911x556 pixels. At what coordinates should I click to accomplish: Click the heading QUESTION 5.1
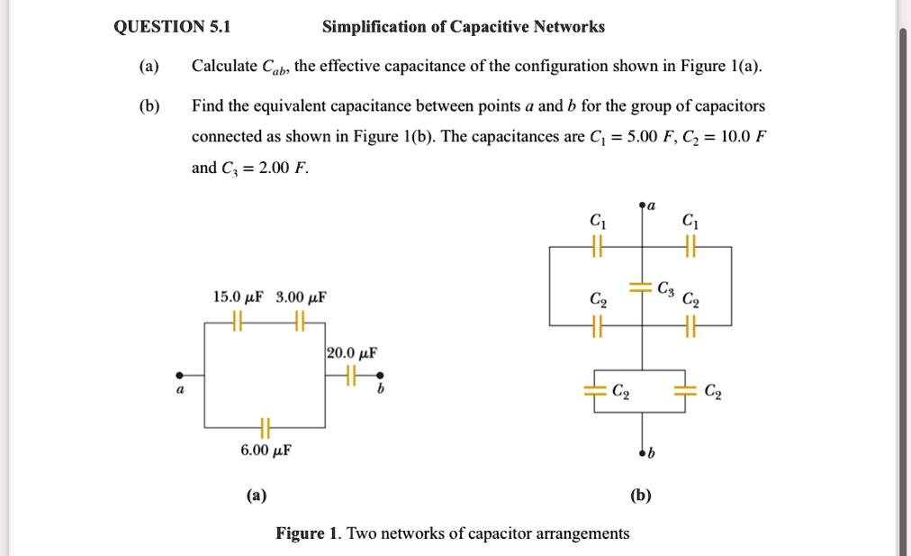click(172, 27)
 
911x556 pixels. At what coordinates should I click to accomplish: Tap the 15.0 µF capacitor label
click(237, 296)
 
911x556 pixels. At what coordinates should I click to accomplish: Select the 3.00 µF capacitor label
click(301, 296)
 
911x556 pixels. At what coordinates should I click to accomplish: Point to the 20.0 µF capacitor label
click(352, 352)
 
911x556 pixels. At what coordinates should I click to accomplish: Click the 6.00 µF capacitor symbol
click(264, 426)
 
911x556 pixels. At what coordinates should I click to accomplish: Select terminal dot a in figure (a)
click(179, 375)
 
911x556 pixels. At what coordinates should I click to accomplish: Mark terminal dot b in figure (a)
click(381, 375)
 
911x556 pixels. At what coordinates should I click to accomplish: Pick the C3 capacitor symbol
click(641, 287)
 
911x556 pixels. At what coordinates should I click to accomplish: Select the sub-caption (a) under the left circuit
click(256, 495)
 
